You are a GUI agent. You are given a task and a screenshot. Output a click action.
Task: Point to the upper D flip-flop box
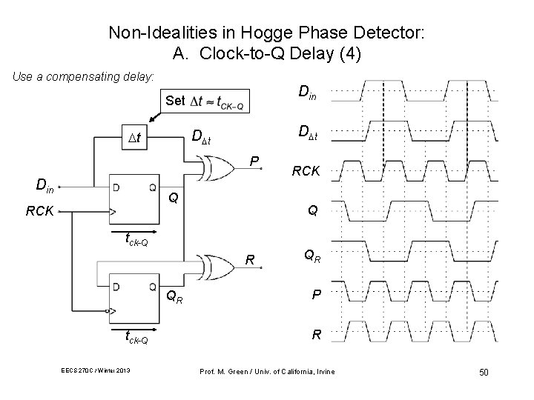point(134,199)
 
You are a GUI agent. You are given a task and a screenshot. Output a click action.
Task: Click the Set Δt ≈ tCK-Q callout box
point(204,101)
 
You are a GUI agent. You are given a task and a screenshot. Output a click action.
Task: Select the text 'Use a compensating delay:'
point(81,76)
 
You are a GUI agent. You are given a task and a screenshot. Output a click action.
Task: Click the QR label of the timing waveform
point(312,256)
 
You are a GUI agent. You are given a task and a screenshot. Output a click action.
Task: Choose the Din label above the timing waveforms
point(309,93)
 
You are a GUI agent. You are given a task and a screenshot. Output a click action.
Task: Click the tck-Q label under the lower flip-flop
point(134,340)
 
